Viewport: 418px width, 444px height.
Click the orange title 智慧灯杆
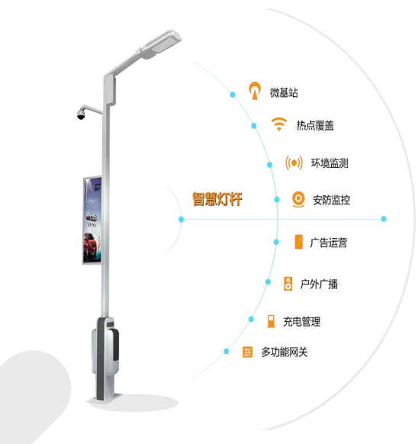[217, 199]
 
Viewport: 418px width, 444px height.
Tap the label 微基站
[284, 92]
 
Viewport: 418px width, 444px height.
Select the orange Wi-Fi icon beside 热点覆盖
[279, 124]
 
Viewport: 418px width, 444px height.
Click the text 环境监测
[330, 163]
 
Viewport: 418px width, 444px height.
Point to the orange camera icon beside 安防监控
[298, 199]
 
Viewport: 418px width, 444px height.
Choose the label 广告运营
[329, 243]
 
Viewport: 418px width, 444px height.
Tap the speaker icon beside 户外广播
[288, 284]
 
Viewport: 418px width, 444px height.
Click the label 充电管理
[302, 322]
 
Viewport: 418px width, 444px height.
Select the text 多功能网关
[285, 352]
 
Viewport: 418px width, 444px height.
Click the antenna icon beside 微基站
[255, 91]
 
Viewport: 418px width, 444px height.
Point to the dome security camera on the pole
[81, 113]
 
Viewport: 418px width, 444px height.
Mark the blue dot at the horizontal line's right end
[384, 219]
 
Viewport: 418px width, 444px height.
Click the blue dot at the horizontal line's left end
[182, 220]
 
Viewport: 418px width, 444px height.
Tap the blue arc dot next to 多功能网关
[227, 352]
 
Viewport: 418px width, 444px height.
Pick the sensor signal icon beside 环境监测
[294, 162]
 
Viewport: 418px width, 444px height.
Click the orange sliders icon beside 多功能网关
[247, 352]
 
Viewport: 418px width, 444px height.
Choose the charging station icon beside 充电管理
[271, 321]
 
